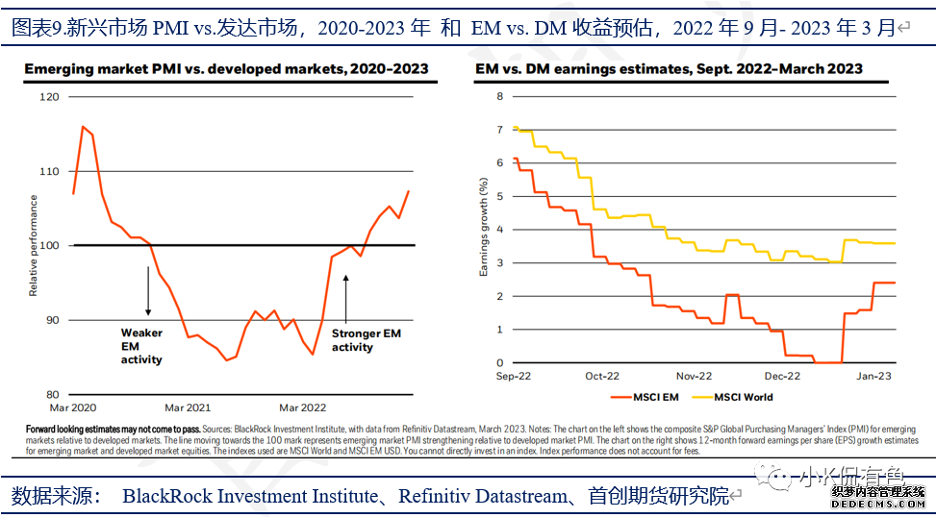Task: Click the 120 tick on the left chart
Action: click(50, 97)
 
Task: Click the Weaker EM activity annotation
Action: click(141, 346)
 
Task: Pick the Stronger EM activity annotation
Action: click(366, 340)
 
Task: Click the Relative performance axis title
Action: click(34, 245)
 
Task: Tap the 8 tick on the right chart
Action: click(500, 96)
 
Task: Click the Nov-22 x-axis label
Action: click(694, 377)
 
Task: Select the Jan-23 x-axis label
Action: click(873, 377)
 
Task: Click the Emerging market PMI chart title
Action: click(226, 69)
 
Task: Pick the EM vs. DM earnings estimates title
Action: click(669, 69)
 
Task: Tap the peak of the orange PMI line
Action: click(83, 126)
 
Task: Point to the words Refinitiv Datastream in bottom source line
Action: click(482, 496)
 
